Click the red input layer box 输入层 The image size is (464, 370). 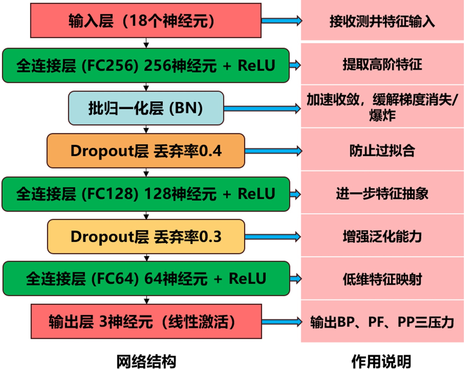click(146, 21)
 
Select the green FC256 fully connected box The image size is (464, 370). click(146, 65)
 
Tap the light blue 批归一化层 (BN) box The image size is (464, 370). click(146, 108)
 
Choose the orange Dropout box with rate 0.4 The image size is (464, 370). click(146, 151)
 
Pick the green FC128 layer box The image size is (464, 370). click(146, 194)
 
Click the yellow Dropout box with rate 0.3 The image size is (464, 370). click(146, 237)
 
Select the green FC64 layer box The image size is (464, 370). click(146, 279)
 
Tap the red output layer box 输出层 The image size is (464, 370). click(146, 321)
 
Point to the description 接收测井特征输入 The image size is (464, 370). click(382, 21)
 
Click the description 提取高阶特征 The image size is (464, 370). click(382, 64)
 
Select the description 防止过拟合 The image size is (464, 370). click(382, 151)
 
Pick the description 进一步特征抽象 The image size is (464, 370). click(382, 193)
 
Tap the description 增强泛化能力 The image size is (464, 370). click(382, 236)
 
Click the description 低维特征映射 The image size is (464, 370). click(382, 279)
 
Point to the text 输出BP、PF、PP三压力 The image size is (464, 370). click(382, 322)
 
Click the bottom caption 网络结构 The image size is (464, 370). click(146, 361)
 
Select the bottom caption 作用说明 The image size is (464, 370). click(381, 361)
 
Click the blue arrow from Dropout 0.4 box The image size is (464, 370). click(273, 151)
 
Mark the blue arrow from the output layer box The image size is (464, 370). click(282, 322)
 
